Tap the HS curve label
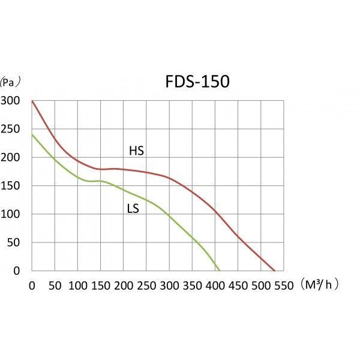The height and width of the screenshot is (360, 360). (136, 151)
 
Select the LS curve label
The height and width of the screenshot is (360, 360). (133, 209)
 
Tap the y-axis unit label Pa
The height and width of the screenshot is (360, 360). (10, 81)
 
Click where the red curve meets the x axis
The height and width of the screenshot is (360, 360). (275, 271)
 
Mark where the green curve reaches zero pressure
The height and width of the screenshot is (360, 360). (220, 271)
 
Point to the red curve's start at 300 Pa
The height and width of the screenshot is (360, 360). (32, 101)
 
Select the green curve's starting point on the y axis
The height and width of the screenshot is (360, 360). (32, 134)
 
